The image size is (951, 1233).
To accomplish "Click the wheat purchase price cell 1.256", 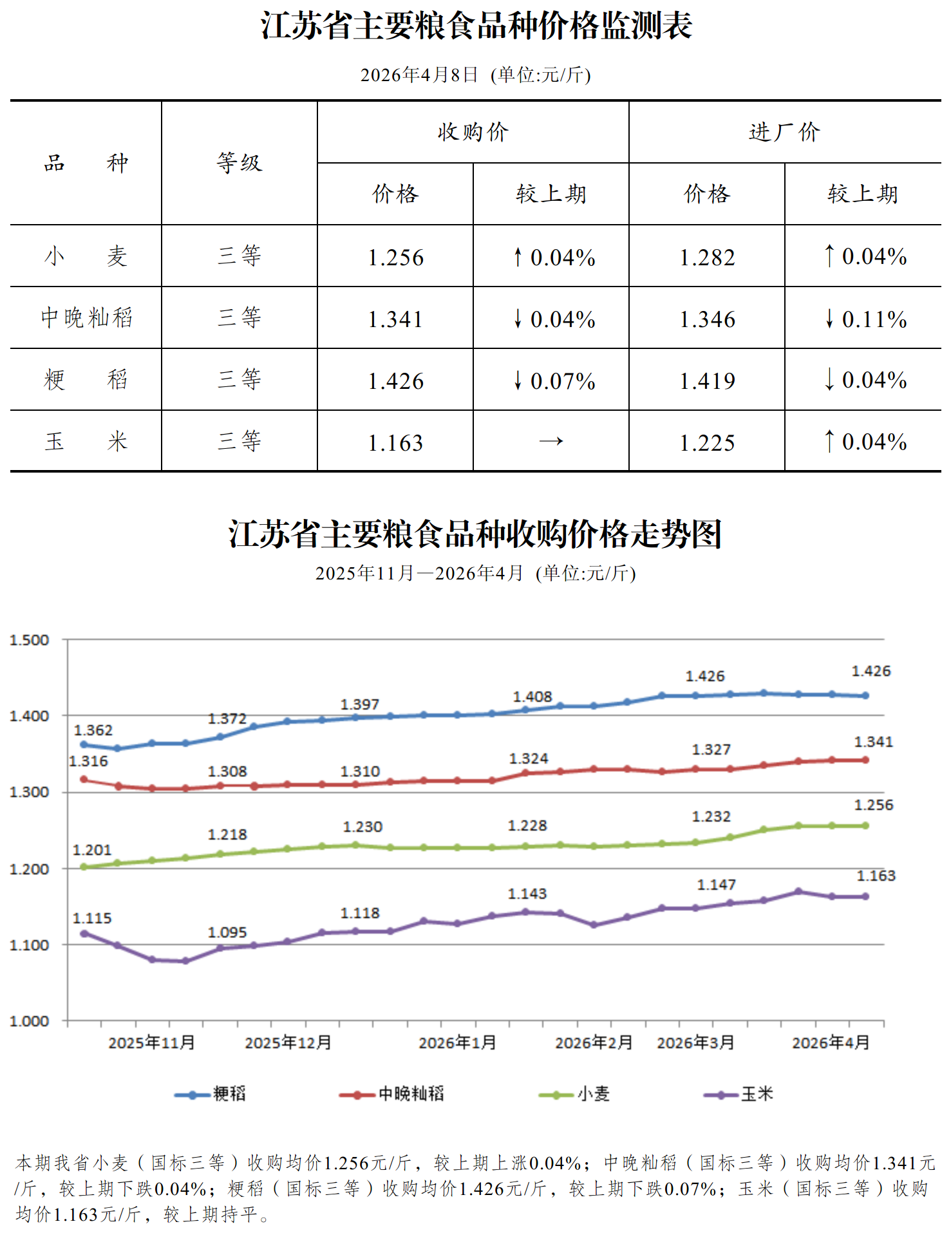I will pyautogui.click(x=395, y=258).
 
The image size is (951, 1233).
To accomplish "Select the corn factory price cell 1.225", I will pyautogui.click(x=707, y=443).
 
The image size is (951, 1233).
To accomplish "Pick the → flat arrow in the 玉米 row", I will pyautogui.click(x=551, y=442).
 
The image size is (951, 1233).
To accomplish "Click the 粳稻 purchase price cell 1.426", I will pyautogui.click(x=395, y=381).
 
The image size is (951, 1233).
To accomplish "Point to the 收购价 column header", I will pyautogui.click(x=473, y=132).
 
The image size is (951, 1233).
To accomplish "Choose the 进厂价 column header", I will pyautogui.click(x=784, y=132).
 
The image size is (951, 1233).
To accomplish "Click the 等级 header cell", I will pyautogui.click(x=239, y=163).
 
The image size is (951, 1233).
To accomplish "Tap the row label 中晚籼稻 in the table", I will pyautogui.click(x=86, y=317).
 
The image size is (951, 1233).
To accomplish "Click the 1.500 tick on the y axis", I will pyautogui.click(x=29, y=640).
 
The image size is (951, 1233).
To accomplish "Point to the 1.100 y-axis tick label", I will pyautogui.click(x=29, y=945).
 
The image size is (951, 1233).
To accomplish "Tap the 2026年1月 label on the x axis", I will pyautogui.click(x=457, y=1042).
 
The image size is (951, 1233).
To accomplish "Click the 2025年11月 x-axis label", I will pyautogui.click(x=151, y=1042).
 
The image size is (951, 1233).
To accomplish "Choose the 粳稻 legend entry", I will pyautogui.click(x=211, y=1094).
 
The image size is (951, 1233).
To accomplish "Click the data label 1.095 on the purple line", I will pyautogui.click(x=227, y=932).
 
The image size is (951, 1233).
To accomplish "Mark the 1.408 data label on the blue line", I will pyautogui.click(x=532, y=697).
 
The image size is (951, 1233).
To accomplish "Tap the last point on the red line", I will pyautogui.click(x=865, y=760).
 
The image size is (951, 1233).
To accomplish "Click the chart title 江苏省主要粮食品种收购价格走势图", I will pyautogui.click(x=475, y=534).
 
